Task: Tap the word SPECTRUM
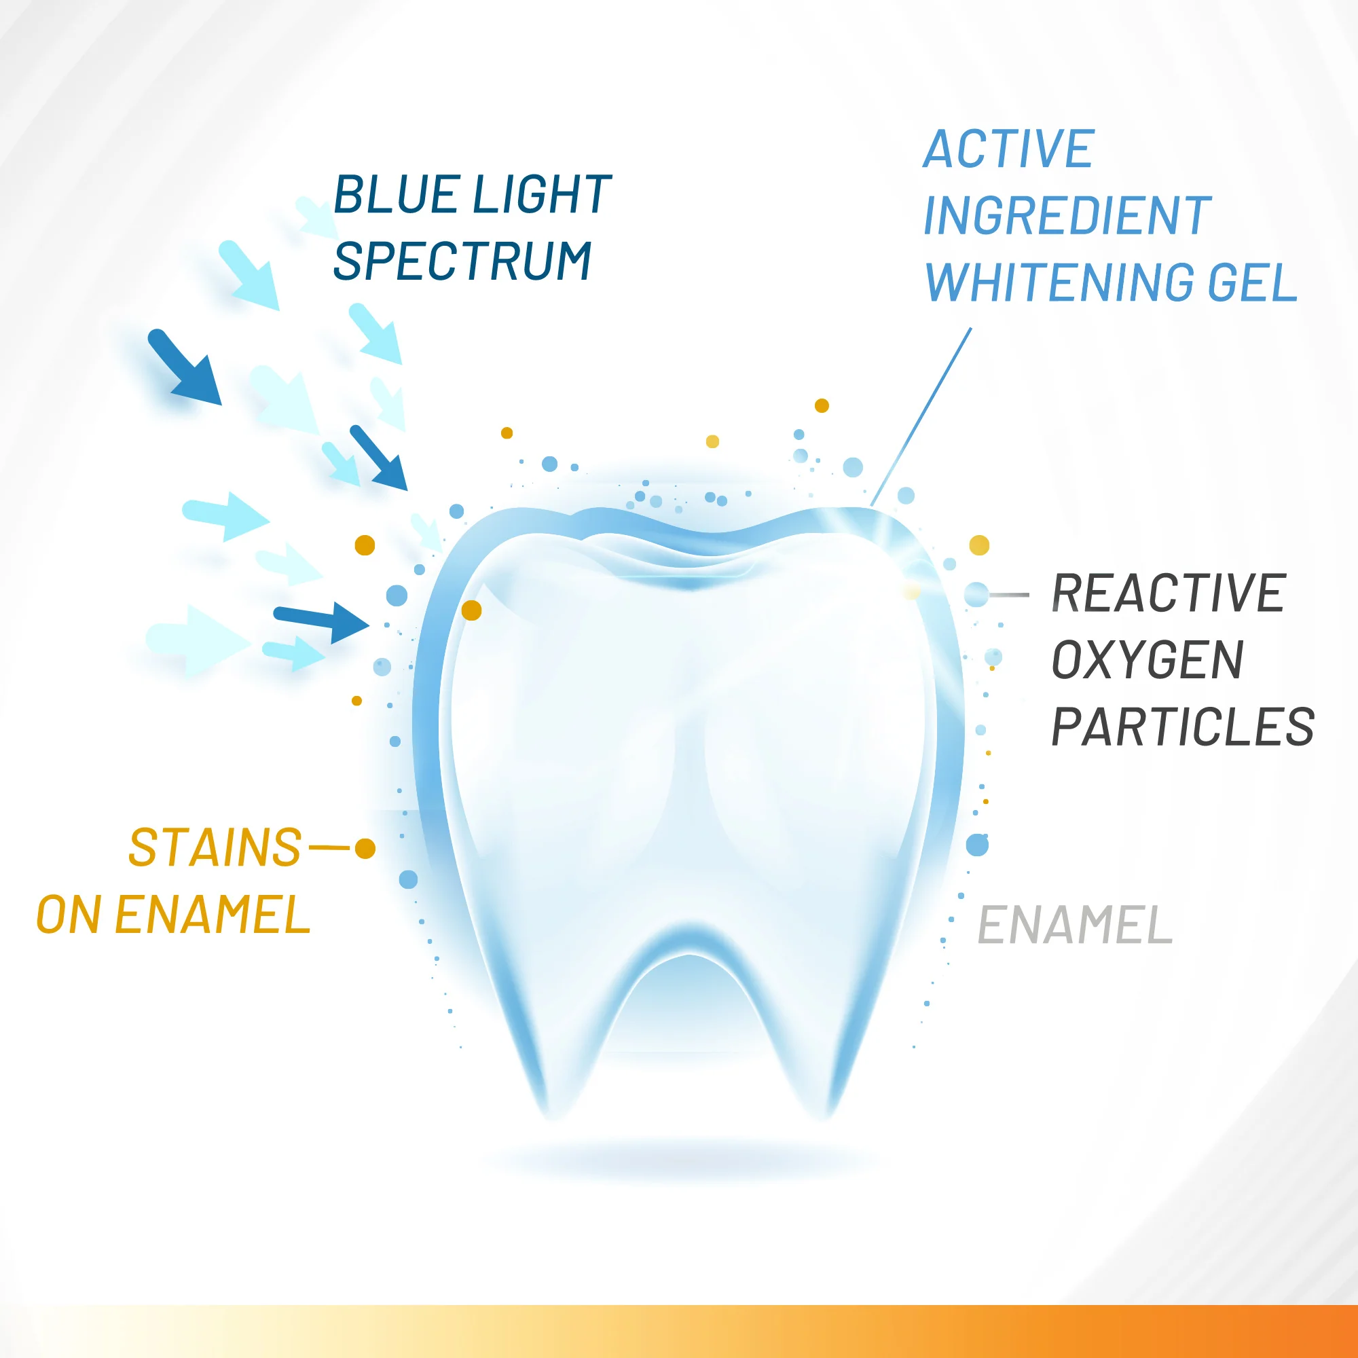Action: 462,261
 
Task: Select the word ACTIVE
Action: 1009,149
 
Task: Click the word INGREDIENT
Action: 1067,216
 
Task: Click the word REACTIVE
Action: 1168,594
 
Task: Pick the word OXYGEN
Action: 1147,661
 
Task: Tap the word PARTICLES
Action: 1182,727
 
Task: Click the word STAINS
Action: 215,847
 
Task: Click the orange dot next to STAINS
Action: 365,848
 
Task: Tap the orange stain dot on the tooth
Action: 472,610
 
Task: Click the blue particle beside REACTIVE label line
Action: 976,594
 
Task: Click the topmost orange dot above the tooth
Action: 822,405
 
